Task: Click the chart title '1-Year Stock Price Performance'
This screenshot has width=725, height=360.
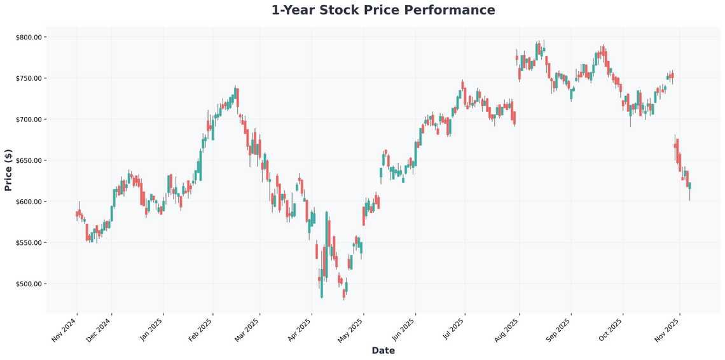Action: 383,10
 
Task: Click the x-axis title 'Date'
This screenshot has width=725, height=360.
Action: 383,350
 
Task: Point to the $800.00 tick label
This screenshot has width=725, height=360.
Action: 28,37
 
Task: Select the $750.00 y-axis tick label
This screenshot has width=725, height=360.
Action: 28,78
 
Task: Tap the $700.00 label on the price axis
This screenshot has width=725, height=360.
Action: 28,120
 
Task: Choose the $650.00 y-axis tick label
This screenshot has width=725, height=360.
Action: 28,160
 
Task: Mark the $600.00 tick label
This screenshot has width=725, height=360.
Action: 28,202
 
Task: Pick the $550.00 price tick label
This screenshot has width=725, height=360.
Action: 28,243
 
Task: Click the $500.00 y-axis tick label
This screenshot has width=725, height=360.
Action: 28,284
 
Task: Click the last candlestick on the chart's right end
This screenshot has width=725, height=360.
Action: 689,186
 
